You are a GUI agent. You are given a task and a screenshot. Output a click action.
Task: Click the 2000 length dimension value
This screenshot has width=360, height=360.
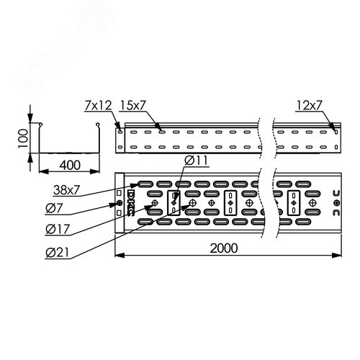(x=224, y=248)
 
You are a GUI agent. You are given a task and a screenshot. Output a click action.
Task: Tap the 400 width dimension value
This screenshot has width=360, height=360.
(x=70, y=165)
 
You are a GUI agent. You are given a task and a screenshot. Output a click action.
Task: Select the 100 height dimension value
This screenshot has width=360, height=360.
(x=23, y=138)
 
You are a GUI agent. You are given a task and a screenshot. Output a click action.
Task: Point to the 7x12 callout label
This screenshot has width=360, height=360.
(x=98, y=105)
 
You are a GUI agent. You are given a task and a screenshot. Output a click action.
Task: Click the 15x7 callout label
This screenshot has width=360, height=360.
(x=132, y=105)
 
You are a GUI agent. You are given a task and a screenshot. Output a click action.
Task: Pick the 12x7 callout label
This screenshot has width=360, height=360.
(x=309, y=105)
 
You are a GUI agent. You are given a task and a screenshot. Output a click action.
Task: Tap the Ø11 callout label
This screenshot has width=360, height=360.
(x=196, y=161)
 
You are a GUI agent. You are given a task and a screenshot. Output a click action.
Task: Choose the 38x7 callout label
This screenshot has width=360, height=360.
(x=66, y=190)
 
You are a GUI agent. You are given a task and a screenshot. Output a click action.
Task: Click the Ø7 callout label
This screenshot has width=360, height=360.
(x=54, y=208)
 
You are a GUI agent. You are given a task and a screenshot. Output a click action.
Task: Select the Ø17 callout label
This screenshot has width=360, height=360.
(x=58, y=229)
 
